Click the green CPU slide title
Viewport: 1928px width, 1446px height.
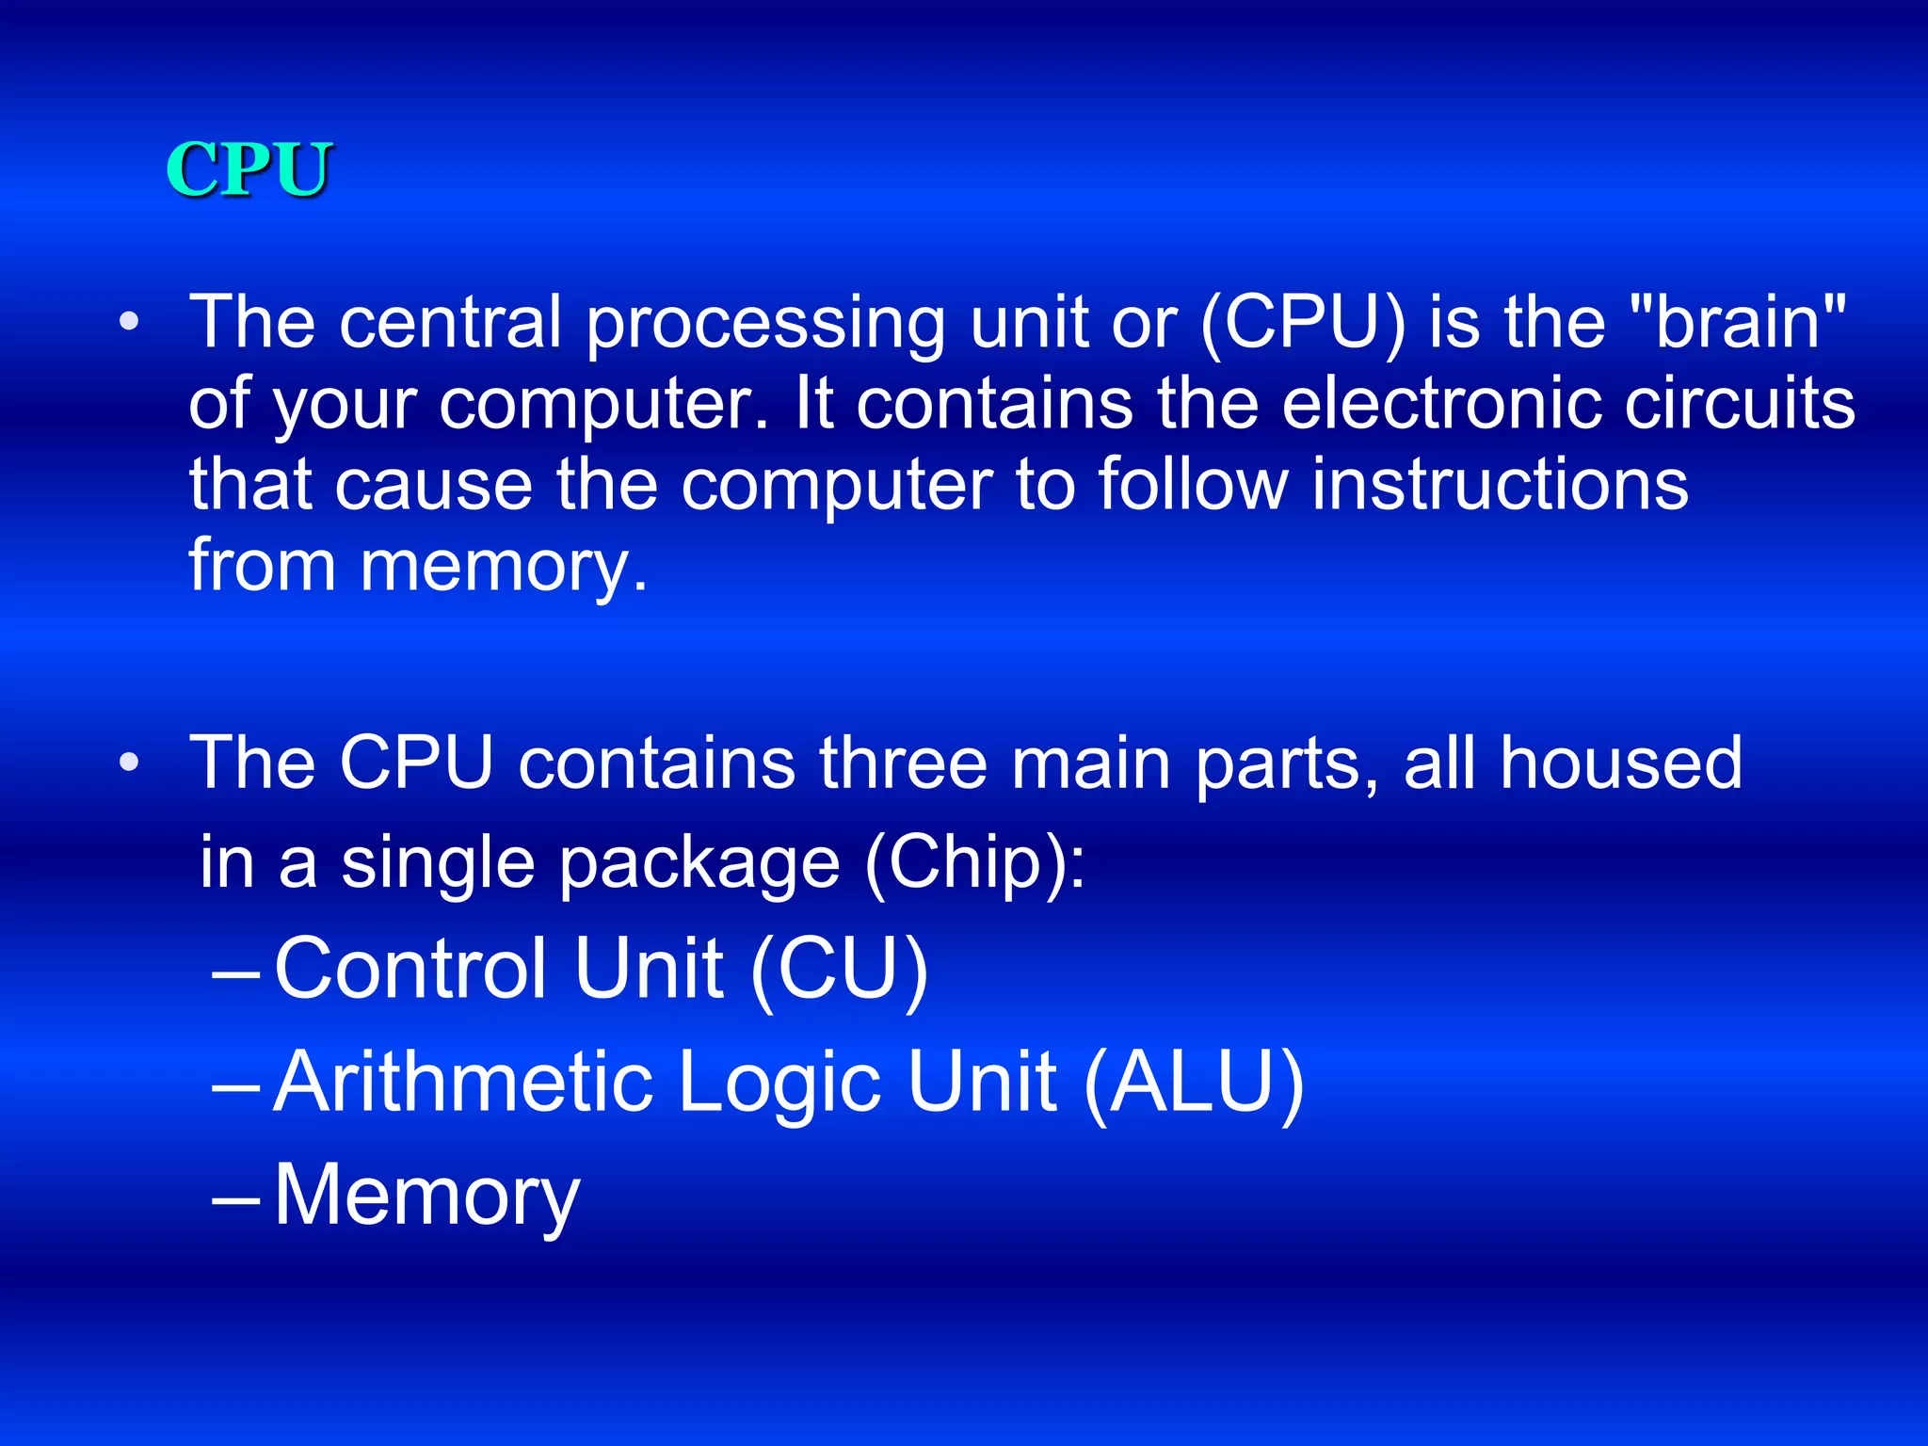[249, 169]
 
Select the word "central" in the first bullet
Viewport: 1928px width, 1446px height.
[450, 322]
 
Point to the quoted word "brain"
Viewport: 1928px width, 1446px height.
[1738, 322]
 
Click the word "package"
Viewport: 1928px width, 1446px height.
[699, 864]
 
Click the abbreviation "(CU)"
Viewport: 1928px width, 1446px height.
[839, 970]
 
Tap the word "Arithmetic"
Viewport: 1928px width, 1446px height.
[463, 1082]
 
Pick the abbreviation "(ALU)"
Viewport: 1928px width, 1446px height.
[1194, 1084]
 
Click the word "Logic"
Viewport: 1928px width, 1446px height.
[780, 1084]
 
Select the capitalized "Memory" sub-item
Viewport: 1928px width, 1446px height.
[426, 1196]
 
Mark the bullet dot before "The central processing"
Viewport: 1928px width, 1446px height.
[129, 323]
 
